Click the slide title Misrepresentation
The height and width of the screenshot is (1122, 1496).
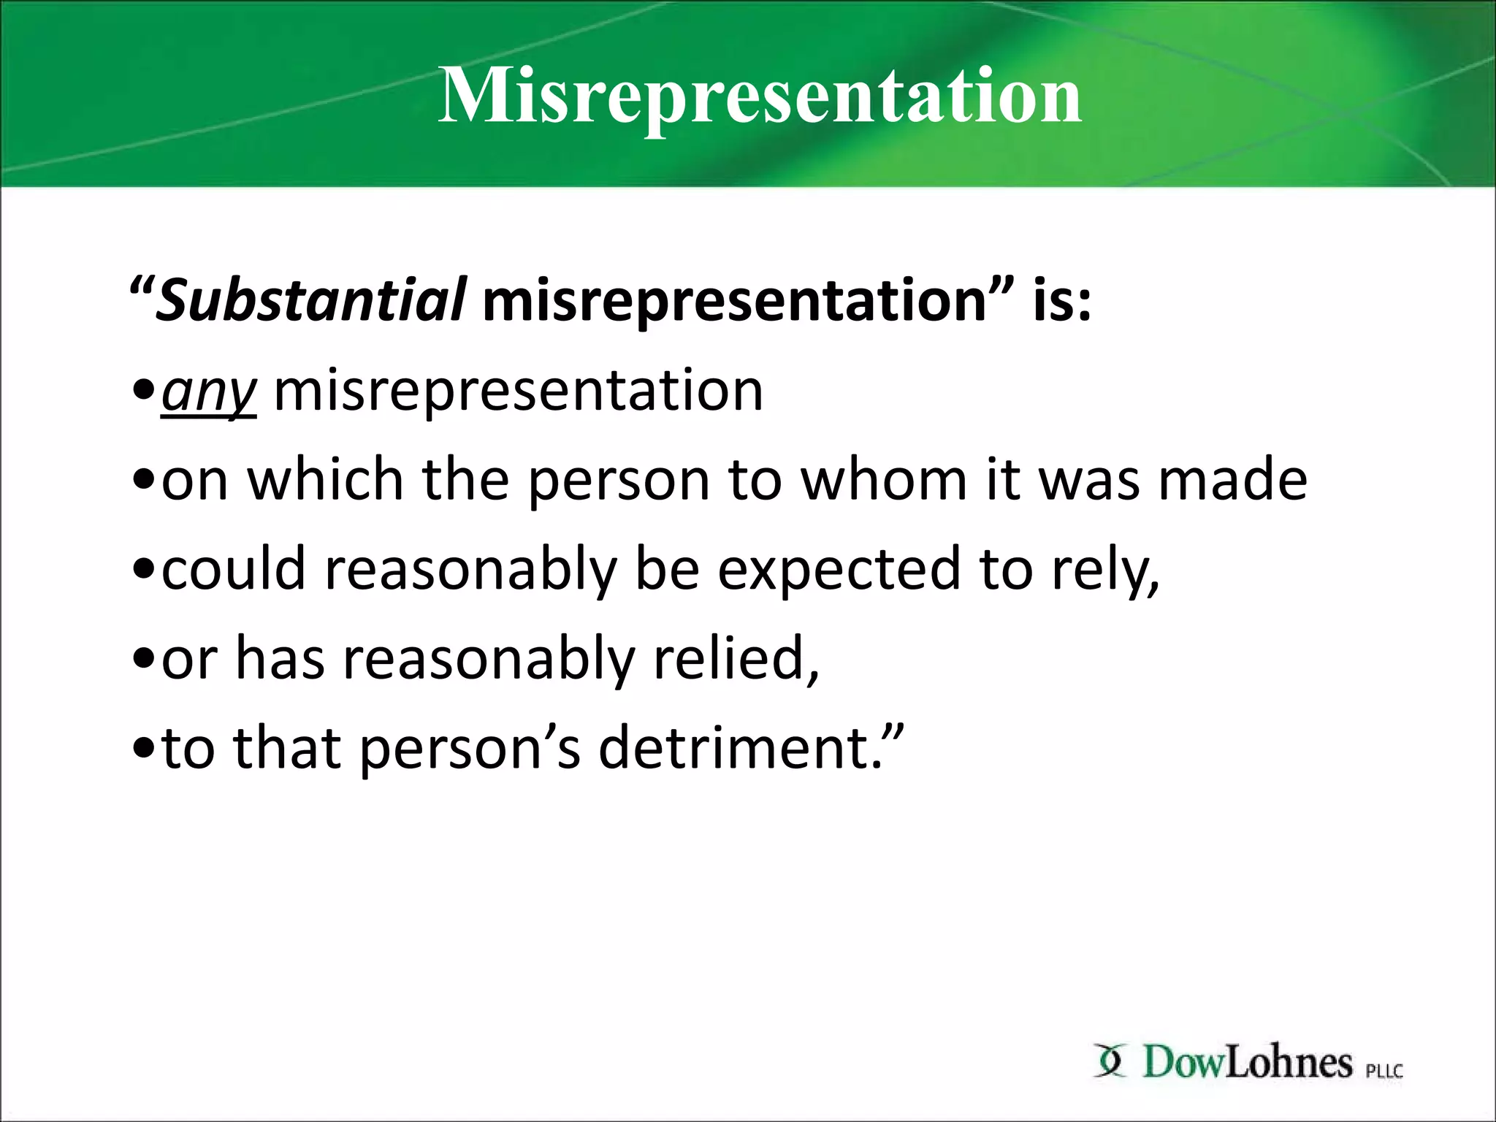pyautogui.click(x=760, y=96)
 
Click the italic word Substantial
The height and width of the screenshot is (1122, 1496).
pyautogui.click(x=310, y=300)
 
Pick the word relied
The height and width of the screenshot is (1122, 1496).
pyautogui.click(x=735, y=659)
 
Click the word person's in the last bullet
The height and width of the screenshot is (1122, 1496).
pyautogui.click(x=470, y=749)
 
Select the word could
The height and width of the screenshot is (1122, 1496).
pyautogui.click(x=233, y=569)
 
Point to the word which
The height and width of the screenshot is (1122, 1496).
pyautogui.click(x=326, y=480)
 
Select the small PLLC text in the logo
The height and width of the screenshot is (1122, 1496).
pyautogui.click(x=1384, y=1071)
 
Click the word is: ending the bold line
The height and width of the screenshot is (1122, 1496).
pyautogui.click(x=1061, y=300)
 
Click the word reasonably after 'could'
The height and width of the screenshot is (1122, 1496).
pyautogui.click(x=470, y=570)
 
